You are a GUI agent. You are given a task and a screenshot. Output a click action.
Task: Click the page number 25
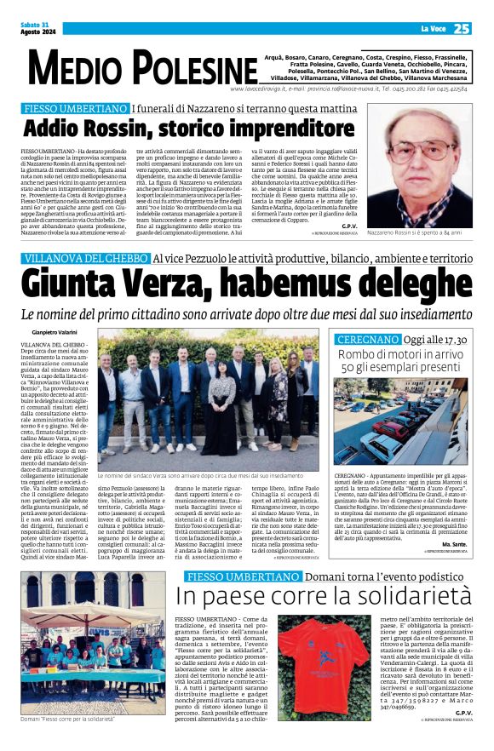click(x=461, y=29)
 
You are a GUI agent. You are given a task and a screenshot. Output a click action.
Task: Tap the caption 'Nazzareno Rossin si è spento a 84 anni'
click(x=419, y=232)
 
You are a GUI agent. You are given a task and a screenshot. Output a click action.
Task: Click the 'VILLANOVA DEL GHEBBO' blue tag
click(x=84, y=258)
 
